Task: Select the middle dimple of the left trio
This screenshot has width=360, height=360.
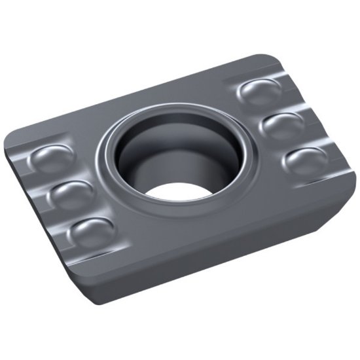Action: (x=68, y=194)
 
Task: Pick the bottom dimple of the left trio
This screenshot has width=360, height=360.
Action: (x=90, y=231)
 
